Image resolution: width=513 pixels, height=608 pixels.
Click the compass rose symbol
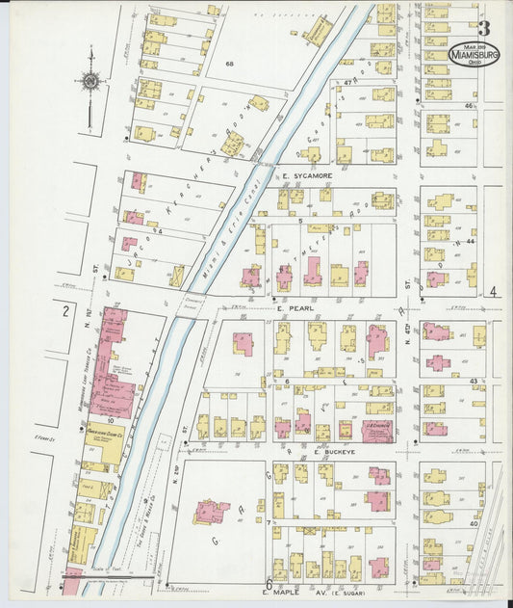click(x=90, y=84)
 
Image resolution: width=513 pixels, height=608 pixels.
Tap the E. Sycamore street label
click(x=307, y=176)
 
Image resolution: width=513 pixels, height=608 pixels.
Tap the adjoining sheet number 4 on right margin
click(x=492, y=292)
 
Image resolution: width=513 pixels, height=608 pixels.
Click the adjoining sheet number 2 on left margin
click(x=64, y=310)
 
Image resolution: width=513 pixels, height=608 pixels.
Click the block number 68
click(x=229, y=64)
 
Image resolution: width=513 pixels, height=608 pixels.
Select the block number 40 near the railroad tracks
click(x=474, y=523)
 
